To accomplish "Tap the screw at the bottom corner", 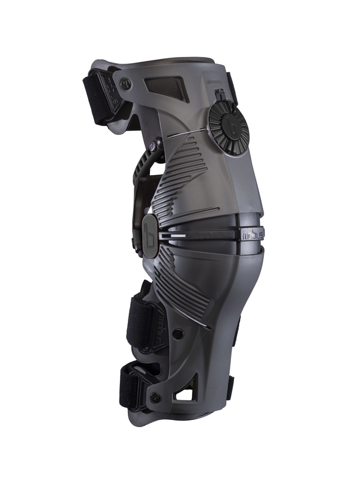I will pos(155,397).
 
